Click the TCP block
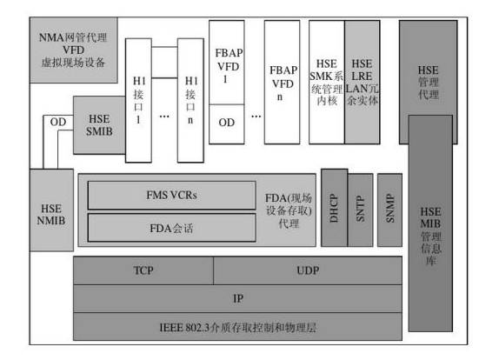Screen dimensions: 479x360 coord(143,270)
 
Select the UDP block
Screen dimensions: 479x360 coord(308,270)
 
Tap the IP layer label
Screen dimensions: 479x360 coord(238,298)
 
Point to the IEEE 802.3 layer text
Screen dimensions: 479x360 coord(238,328)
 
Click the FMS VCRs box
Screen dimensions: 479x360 coord(171,195)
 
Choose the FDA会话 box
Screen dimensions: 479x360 coord(171,228)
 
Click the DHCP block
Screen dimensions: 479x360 coord(335,208)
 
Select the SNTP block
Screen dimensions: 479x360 coord(361,210)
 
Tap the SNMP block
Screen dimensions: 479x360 coord(389,210)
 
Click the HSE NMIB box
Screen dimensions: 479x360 coord(51,210)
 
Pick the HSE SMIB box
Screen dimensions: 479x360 coord(99,125)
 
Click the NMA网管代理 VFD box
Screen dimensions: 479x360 coord(73,50)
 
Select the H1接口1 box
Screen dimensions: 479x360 coord(139,100)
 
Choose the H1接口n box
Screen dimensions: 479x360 coord(190,100)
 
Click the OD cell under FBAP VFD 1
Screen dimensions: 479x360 coord(227,124)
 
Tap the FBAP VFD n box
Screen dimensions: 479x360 coord(282,83)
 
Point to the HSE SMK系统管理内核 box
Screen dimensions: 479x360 coord(327,83)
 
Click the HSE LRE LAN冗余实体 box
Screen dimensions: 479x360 coord(363,83)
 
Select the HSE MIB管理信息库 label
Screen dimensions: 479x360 coord(430,236)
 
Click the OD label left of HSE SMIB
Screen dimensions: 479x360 coord(58,122)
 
